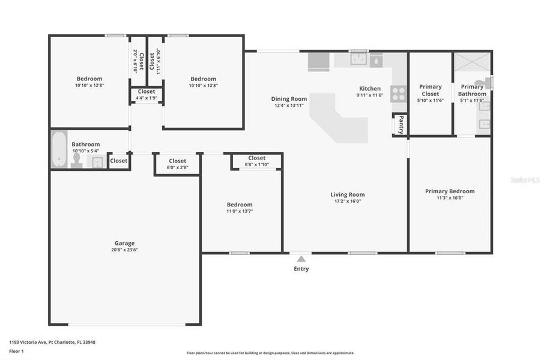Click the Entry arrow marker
tap(301, 259)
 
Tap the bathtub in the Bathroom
tap(59, 149)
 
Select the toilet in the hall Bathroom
tap(76, 160)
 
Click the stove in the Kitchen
tap(398, 94)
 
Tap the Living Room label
tap(347, 194)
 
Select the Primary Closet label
tap(430, 90)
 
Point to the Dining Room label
tap(289, 99)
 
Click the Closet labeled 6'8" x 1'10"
tap(256, 161)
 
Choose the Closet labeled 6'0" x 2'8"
tap(177, 164)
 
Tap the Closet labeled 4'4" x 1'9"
tap(146, 94)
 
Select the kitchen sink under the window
tap(359, 59)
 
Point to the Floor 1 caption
tap(16, 351)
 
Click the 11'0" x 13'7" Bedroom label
tap(239, 208)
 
